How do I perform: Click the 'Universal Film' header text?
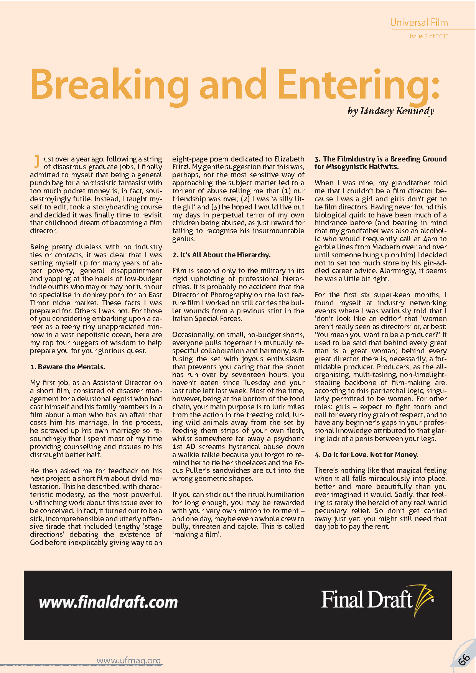(419, 23)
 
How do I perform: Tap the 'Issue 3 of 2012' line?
(429, 36)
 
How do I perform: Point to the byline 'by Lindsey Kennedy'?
(390, 111)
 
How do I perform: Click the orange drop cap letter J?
(37, 162)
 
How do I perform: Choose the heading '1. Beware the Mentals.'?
(68, 367)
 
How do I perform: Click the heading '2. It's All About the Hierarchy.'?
(221, 255)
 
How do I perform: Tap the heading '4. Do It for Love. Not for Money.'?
(366, 455)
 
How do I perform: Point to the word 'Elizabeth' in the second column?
(289, 159)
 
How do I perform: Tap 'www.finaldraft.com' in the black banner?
(108, 602)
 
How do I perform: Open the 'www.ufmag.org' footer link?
(128, 660)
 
